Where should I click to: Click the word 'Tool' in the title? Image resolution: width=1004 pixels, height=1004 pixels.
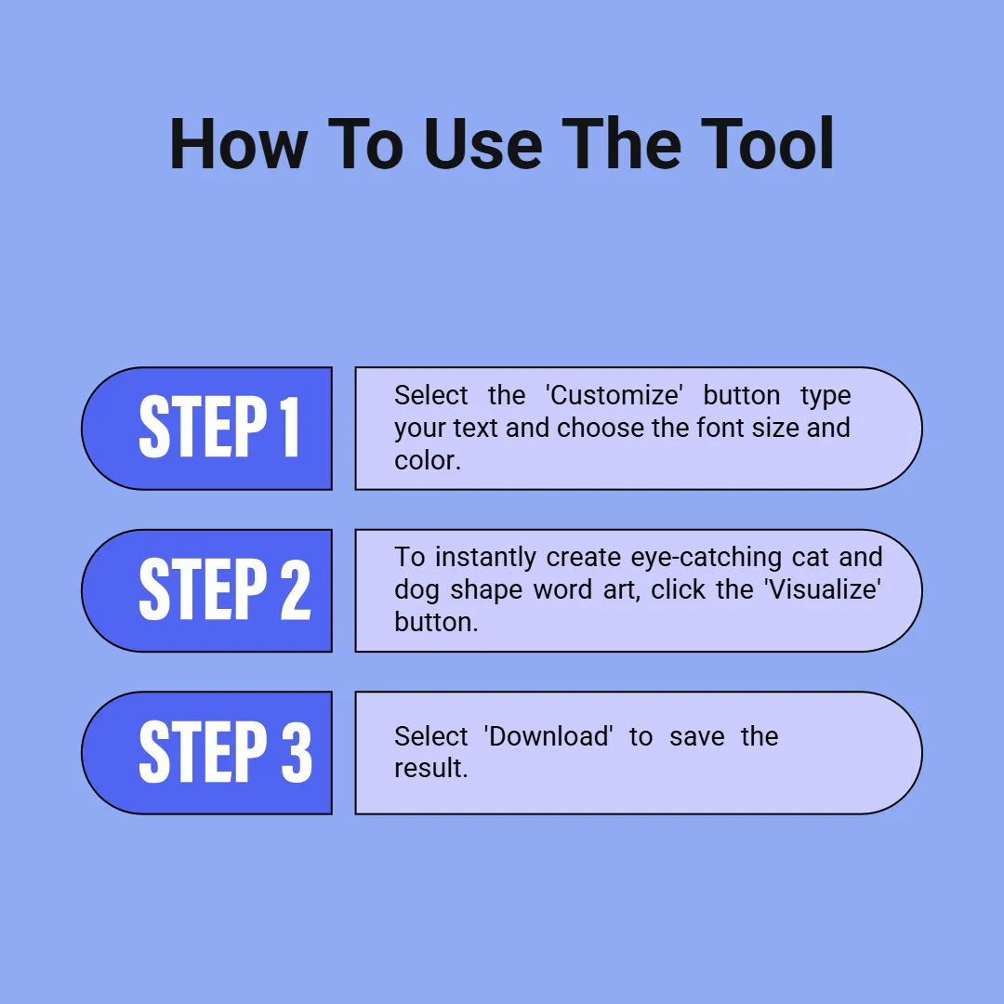coord(767,144)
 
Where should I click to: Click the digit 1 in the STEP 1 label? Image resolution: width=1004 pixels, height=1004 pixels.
coord(291,427)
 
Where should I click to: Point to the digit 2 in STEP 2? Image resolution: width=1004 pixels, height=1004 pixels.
coord(296,589)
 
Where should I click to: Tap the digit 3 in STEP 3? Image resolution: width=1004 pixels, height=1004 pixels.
coord(297,752)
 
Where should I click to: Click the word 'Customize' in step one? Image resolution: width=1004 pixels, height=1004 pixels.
coord(614,395)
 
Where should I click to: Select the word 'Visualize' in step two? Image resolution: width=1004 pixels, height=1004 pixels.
coord(823,589)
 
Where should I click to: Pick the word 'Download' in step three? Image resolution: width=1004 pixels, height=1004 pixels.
coord(548,736)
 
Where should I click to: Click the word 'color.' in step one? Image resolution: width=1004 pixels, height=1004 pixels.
coord(428,460)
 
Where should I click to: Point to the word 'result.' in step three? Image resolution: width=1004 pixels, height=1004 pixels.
coord(431,768)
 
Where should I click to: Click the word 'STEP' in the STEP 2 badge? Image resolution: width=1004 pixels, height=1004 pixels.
coord(203,589)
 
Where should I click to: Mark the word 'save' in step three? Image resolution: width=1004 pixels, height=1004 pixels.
coord(696,737)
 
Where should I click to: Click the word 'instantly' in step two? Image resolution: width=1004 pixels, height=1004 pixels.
coord(486,558)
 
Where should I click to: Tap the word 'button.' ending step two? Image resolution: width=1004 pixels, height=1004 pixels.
coord(436,622)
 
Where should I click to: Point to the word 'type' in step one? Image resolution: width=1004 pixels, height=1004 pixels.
coord(826,397)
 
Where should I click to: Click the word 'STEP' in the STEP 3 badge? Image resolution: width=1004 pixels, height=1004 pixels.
coord(203,752)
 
